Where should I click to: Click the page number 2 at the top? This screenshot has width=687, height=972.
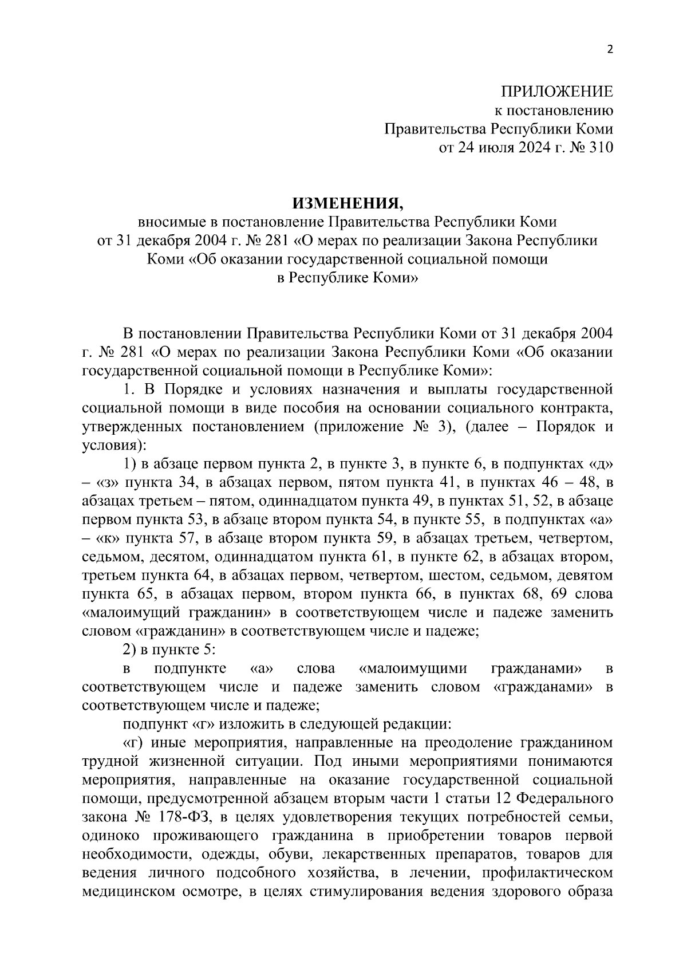[x=610, y=50]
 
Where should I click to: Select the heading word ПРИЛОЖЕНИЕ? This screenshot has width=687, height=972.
[x=556, y=92]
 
